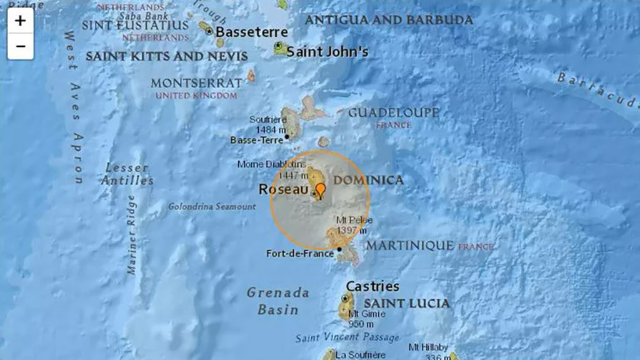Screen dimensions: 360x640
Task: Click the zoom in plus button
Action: pyautogui.click(x=21, y=21)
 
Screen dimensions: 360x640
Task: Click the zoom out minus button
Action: pyautogui.click(x=21, y=46)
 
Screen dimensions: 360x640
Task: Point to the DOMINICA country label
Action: pyautogui.click(x=368, y=180)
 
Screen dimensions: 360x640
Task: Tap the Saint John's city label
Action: pyautogui.click(x=327, y=52)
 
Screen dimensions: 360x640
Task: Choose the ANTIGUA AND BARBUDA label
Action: pyautogui.click(x=388, y=20)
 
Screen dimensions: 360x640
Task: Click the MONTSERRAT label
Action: pyautogui.click(x=196, y=83)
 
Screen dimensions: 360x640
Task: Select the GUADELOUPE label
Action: pyautogui.click(x=394, y=113)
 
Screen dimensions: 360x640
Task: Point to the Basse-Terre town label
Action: pyautogui.click(x=257, y=140)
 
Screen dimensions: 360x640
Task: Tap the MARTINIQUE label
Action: pyautogui.click(x=410, y=246)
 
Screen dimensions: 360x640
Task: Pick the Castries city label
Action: pyautogui.click(x=372, y=286)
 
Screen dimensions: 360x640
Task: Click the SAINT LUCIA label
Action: pyautogui.click(x=406, y=304)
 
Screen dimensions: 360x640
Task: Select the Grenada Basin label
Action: pyautogui.click(x=277, y=301)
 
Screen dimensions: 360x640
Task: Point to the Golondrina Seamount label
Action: pyautogui.click(x=212, y=206)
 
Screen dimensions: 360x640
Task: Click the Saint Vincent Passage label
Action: pyautogui.click(x=347, y=337)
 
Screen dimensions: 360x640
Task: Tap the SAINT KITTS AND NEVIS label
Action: pyautogui.click(x=166, y=56)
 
